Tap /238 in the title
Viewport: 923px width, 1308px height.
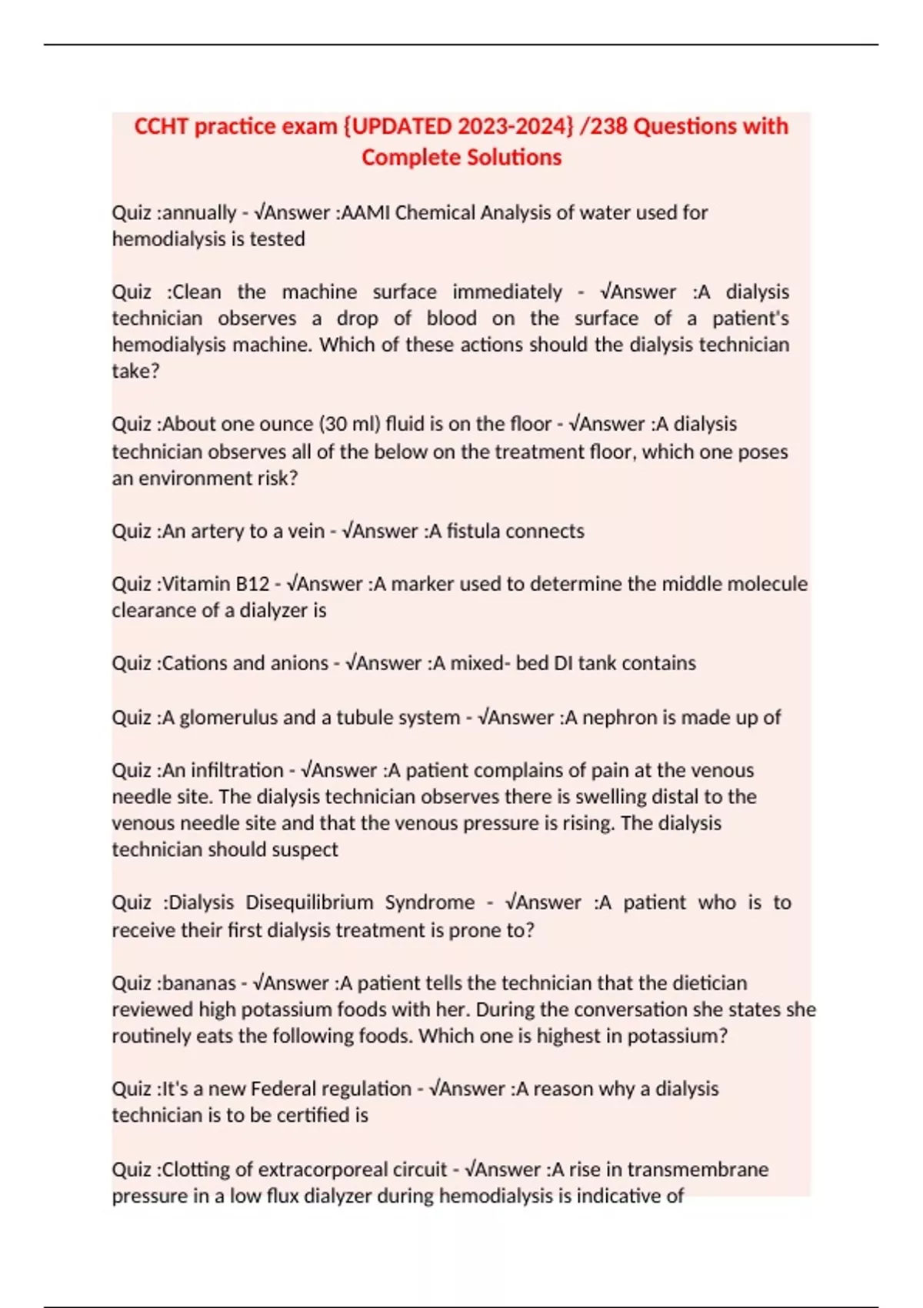point(604,126)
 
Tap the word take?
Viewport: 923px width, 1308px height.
point(135,372)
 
